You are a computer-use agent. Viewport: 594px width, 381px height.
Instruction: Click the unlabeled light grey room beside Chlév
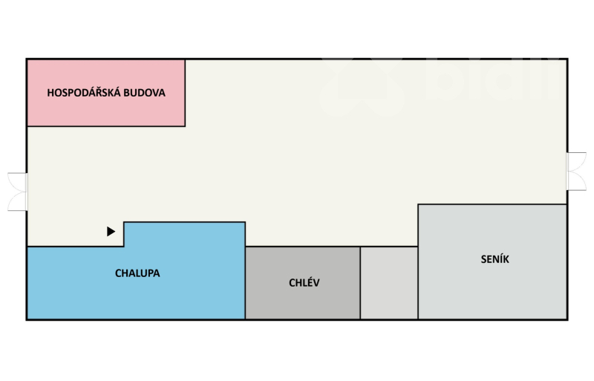[389, 283]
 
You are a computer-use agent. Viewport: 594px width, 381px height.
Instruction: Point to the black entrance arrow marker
[111, 231]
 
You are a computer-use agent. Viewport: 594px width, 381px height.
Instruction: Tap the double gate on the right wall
[576, 172]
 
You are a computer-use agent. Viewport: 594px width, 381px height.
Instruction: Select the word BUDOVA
[144, 94]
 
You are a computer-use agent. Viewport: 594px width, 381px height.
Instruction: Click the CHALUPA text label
[137, 273]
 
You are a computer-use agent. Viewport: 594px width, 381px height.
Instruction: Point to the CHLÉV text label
[304, 283]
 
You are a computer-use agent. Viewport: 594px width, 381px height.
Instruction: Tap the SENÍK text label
[495, 259]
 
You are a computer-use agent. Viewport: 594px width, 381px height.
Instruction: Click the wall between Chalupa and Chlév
[245, 283]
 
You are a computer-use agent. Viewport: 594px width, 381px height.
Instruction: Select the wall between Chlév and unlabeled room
[361, 283]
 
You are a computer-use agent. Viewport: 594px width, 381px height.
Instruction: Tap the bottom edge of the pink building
[106, 126]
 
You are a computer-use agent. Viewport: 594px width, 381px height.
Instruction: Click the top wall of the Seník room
[493, 204]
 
